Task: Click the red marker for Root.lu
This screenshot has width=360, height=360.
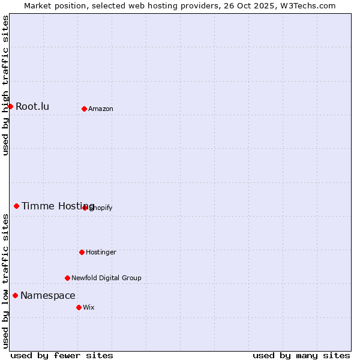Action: click(10, 106)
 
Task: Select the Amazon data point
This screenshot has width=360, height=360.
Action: click(84, 109)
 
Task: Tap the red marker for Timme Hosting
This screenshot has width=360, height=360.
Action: click(16, 206)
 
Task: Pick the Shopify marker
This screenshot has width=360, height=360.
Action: click(85, 208)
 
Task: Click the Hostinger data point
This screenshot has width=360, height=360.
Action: click(82, 252)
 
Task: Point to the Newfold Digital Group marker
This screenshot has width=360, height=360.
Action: click(67, 278)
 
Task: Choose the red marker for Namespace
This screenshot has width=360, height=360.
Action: click(15, 295)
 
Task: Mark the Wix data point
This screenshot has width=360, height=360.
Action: click(79, 307)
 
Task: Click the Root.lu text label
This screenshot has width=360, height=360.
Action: click(32, 107)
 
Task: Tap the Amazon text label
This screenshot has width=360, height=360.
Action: click(101, 109)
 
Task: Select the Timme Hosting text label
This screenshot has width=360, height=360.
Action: click(58, 206)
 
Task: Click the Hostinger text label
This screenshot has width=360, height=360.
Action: click(101, 253)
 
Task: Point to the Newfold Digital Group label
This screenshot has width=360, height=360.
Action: click(106, 278)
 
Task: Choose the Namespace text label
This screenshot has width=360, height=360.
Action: click(48, 296)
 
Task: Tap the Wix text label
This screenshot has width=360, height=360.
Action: click(89, 308)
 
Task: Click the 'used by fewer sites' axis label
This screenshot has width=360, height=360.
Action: click(62, 355)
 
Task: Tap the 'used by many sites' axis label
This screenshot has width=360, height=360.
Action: click(301, 355)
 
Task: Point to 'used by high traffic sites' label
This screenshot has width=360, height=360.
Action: click(6, 85)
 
